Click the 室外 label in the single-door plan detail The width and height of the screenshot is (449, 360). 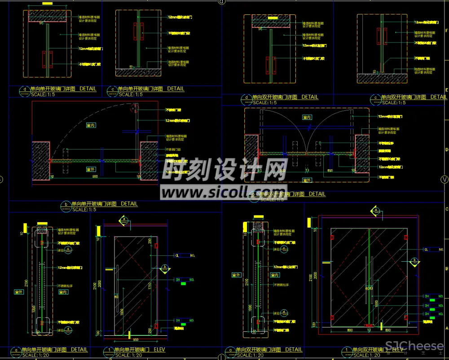pyautogui.click(x=91, y=169)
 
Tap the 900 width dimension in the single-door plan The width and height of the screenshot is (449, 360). pyautogui.click(x=95, y=177)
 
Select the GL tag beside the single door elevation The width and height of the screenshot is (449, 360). pyautogui.click(x=177, y=255)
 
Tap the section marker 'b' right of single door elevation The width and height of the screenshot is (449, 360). pyautogui.click(x=165, y=268)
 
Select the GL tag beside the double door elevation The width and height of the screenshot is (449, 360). pyautogui.click(x=426, y=249)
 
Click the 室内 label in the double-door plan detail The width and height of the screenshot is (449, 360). pyautogui.click(x=307, y=117)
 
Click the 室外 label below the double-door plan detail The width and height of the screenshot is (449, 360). pyautogui.click(x=307, y=180)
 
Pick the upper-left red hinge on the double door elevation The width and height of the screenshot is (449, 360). pyautogui.click(x=333, y=237)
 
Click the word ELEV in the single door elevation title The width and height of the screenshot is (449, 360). pyautogui.click(x=157, y=350)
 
